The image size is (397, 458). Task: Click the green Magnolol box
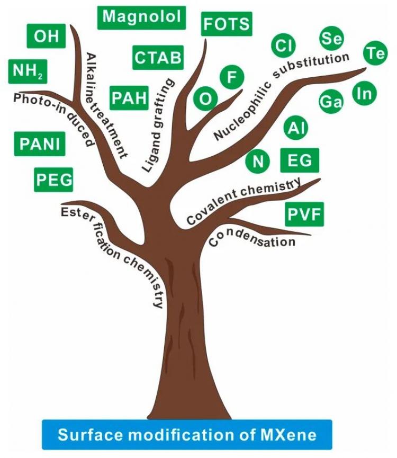pyautogui.click(x=141, y=17)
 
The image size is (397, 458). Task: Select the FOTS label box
pyautogui.click(x=227, y=24)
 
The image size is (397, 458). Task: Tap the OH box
pyautogui.click(x=46, y=36)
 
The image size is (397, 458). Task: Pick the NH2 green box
pyautogui.click(x=28, y=71)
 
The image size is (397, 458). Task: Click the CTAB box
pyautogui.click(x=158, y=58)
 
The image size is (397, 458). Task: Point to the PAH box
pyautogui.click(x=129, y=98)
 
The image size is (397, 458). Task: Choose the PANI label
pyautogui.click(x=40, y=144)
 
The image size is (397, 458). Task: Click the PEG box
pyautogui.click(x=53, y=179)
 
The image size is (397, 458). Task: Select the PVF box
pyautogui.click(x=304, y=214)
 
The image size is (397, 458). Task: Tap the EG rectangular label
pyautogui.click(x=300, y=160)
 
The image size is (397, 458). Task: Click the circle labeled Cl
pyautogui.click(x=283, y=46)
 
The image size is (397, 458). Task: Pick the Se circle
pyautogui.click(x=331, y=38)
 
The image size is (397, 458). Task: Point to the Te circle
pyautogui.click(x=375, y=53)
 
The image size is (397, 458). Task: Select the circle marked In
pyautogui.click(x=365, y=94)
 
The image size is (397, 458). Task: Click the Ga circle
pyautogui.click(x=331, y=102)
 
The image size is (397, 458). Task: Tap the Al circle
pyautogui.click(x=296, y=128)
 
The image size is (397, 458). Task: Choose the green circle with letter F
pyautogui.click(x=231, y=77)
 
